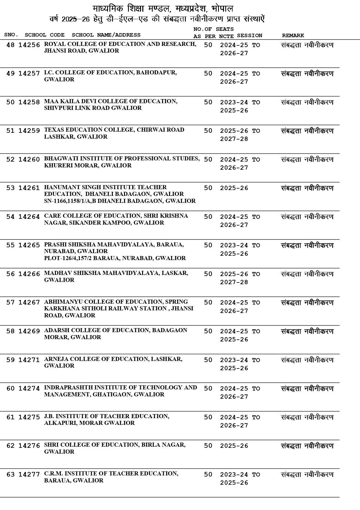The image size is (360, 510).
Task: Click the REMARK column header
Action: pyautogui.click(x=293, y=35)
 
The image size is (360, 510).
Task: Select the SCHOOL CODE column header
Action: pyautogui.click(x=44, y=35)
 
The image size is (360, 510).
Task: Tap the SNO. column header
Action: pyautogui.click(x=11, y=35)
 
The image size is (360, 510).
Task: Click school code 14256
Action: pyautogui.click(x=29, y=45)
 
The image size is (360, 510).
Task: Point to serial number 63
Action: pyautogui.click(x=10, y=475)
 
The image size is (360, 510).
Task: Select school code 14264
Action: pyautogui.click(x=29, y=217)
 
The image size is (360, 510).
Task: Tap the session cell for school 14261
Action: pyautogui.click(x=234, y=188)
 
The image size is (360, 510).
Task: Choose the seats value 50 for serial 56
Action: pyautogui.click(x=208, y=274)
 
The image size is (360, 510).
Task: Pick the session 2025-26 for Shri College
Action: pyautogui.click(x=234, y=446)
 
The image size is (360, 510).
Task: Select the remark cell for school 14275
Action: pyautogui.click(x=307, y=417)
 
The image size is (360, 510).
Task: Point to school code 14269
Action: pyautogui.click(x=29, y=331)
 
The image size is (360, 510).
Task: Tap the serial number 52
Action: pyautogui.click(x=10, y=160)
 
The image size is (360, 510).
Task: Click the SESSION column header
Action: pyautogui.click(x=249, y=35)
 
